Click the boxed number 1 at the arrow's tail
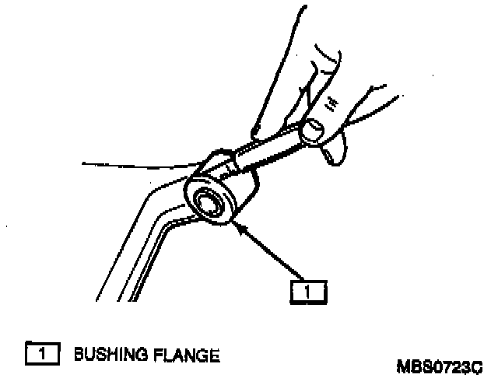pos(307,290)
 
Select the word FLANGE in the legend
pos(187,355)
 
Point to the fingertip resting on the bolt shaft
pos(257,132)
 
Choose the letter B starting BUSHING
pos(78,355)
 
